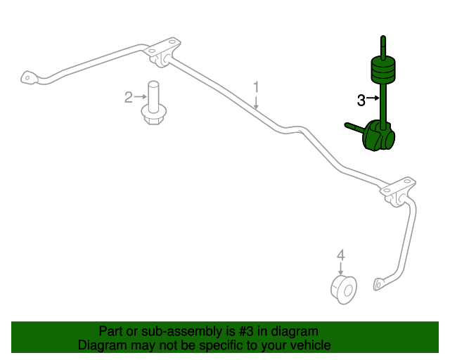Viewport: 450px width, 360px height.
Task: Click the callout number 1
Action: coord(256,87)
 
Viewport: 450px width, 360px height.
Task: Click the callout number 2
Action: coord(128,97)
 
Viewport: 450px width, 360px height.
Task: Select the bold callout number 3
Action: coord(361,101)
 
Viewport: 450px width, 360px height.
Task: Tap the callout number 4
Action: coord(340,255)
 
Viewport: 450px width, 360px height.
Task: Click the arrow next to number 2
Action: coord(141,97)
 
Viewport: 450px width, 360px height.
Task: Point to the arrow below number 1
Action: coord(256,102)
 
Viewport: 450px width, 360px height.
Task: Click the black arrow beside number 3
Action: coord(373,98)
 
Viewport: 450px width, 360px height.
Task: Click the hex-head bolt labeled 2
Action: coord(154,103)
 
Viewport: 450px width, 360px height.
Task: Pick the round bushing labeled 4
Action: coord(344,290)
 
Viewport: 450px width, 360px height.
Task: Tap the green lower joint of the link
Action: coord(378,136)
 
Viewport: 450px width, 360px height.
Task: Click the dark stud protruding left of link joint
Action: coord(354,129)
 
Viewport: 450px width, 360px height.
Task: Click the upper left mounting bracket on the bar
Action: coord(162,52)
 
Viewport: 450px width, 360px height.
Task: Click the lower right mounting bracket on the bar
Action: coord(398,191)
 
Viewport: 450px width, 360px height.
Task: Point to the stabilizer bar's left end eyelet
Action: coord(29,77)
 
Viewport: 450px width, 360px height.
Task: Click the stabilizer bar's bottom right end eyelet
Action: coord(379,284)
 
